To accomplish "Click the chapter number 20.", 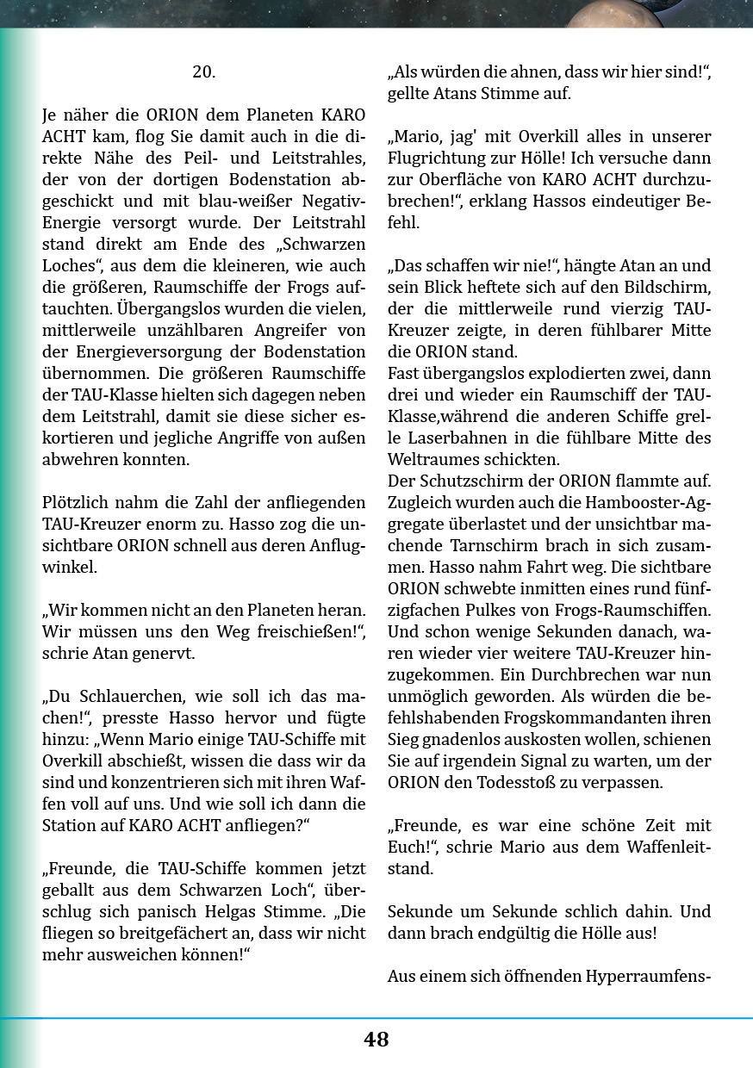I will [203, 72].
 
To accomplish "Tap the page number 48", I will [376, 1040].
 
